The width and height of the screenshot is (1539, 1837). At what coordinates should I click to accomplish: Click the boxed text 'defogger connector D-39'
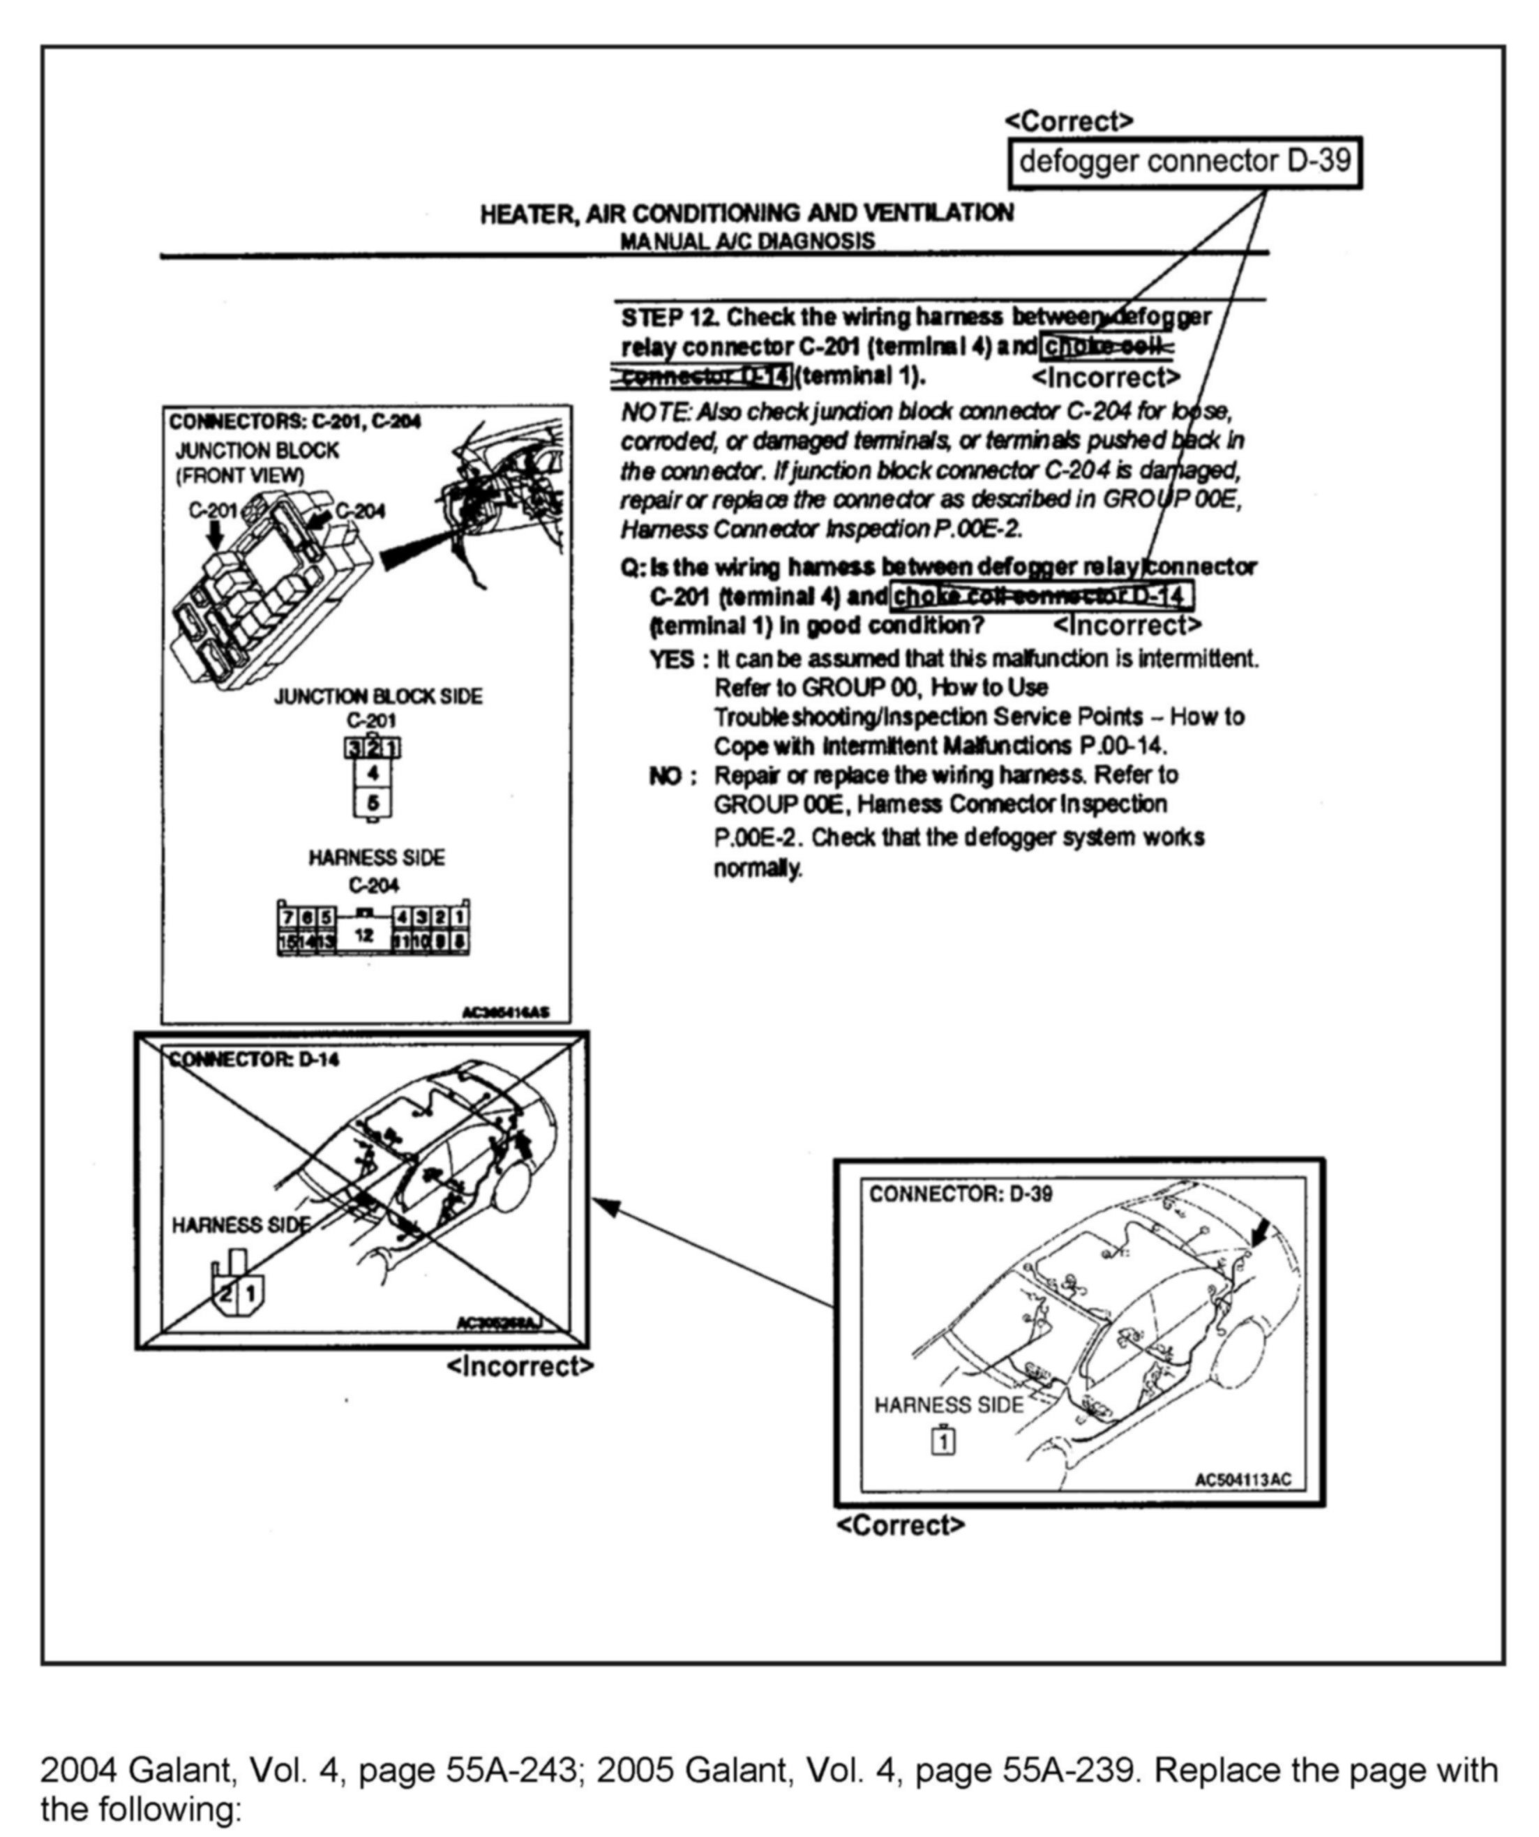[1185, 162]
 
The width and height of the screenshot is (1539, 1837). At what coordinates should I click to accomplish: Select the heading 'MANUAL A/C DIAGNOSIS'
[747, 241]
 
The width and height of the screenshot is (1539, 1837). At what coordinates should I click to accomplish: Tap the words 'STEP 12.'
[670, 317]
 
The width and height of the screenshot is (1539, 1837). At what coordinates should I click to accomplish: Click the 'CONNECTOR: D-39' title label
[960, 1194]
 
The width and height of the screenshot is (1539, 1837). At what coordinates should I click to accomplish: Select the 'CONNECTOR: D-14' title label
[254, 1059]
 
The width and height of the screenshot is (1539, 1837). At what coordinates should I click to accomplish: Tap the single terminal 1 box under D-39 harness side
[944, 1441]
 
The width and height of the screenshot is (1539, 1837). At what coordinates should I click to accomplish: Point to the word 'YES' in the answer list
[671, 659]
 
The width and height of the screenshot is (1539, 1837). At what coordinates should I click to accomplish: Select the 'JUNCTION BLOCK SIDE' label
[378, 696]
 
